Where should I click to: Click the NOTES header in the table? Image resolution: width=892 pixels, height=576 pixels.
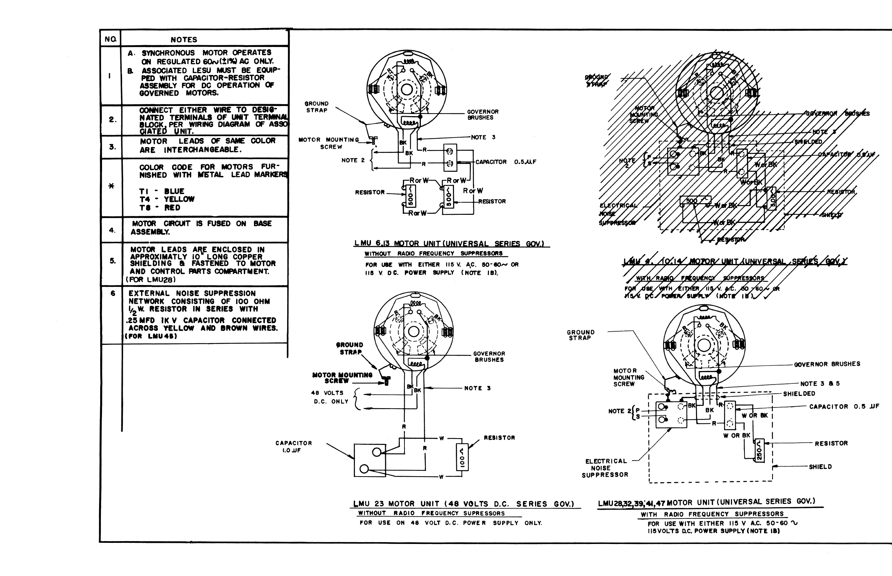click(183, 39)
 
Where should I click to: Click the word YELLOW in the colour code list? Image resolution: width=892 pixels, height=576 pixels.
click(179, 200)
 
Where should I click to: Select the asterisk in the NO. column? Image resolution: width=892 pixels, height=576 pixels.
click(111, 186)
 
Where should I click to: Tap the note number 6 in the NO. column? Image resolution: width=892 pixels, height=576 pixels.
click(113, 293)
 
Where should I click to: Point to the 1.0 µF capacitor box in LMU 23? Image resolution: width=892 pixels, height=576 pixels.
click(369, 460)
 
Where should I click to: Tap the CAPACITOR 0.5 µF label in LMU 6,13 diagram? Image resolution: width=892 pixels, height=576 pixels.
click(505, 162)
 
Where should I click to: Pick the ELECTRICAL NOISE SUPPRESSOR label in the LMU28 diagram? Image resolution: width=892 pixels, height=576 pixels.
click(605, 468)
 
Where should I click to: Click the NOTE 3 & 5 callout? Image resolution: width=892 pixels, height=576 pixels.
click(820, 384)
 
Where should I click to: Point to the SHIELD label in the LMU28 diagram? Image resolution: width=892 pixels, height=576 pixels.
click(820, 467)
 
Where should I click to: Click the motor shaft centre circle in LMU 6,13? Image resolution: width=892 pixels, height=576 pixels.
click(407, 90)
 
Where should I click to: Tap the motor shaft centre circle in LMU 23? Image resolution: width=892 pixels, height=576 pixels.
click(413, 331)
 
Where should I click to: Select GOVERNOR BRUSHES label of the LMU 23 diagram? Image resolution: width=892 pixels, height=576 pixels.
click(489, 356)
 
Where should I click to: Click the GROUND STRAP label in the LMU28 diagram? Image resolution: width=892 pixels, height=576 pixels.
click(580, 335)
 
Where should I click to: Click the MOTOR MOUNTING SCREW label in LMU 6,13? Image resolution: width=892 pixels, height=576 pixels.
click(329, 143)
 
